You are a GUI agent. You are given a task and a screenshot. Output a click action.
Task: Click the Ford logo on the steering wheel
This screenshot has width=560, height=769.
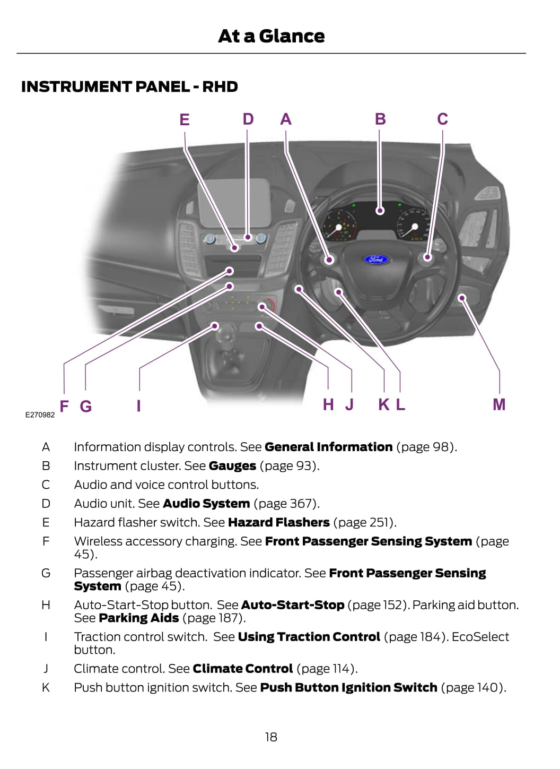(376, 260)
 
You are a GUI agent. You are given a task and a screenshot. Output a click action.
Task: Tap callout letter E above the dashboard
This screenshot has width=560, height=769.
(185, 120)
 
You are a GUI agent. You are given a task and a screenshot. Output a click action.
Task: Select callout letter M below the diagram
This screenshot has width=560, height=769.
(499, 405)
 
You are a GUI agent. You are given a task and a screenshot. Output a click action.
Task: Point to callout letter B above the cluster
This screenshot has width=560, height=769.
(380, 119)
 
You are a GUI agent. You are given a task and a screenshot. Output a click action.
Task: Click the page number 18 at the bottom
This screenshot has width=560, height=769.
(271, 737)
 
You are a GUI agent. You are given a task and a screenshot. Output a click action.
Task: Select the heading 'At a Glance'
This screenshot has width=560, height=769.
(272, 36)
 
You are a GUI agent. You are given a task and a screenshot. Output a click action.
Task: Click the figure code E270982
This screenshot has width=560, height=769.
(40, 414)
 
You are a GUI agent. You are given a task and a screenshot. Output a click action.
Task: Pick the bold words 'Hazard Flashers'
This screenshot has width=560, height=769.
(279, 523)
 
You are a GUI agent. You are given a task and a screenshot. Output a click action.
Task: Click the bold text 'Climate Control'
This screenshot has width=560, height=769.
(243, 669)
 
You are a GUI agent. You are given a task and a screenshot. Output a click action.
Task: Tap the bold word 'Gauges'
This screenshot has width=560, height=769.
(232, 466)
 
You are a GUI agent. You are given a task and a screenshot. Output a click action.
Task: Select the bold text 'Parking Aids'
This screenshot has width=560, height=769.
(139, 618)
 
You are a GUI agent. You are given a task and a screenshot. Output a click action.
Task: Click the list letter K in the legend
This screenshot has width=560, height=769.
(46, 688)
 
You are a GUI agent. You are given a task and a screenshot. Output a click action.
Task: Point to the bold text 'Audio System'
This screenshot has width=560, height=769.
(206, 504)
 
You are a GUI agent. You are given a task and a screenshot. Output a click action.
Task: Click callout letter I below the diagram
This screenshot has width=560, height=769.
(139, 406)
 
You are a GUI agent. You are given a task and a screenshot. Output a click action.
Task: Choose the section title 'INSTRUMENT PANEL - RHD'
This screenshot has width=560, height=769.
(129, 87)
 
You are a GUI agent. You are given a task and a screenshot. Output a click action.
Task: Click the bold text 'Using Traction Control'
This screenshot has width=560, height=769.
(309, 637)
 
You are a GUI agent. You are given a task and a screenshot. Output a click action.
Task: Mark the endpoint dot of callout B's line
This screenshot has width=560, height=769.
(380, 211)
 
